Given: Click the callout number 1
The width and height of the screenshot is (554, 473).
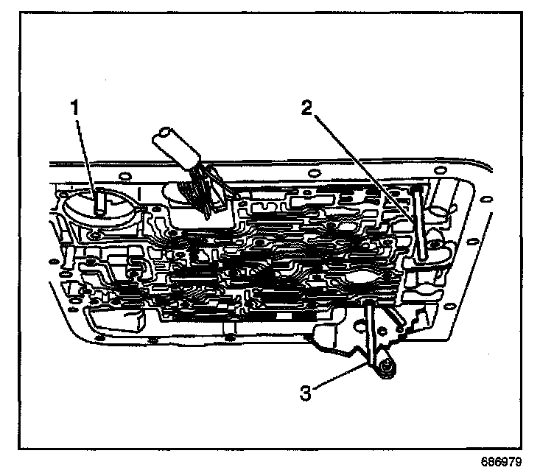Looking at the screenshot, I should click(74, 106).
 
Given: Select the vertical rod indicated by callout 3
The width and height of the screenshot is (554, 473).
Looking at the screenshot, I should click(368, 332).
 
